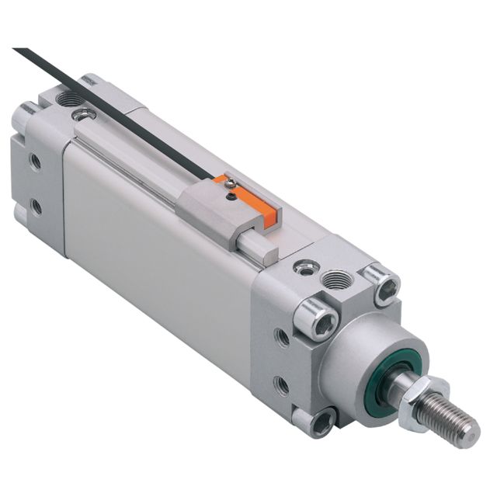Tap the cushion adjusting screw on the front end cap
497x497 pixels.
[x=304, y=269]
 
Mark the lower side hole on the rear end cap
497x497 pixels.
[x=36, y=206]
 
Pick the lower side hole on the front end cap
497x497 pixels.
[x=283, y=385]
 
